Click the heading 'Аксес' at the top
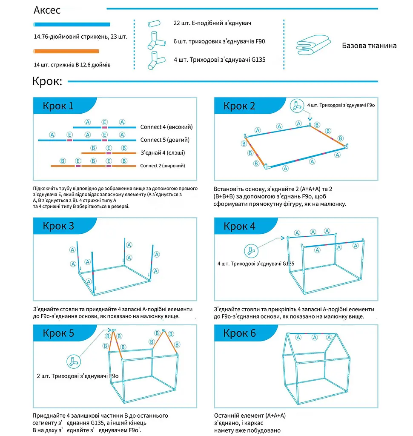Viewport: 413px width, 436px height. [x=47, y=10]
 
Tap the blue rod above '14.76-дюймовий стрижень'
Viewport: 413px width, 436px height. [x=72, y=24]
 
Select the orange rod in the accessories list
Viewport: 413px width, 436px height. [x=66, y=51]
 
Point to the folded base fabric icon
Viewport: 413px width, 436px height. [x=313, y=45]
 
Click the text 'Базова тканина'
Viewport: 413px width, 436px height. [x=369, y=46]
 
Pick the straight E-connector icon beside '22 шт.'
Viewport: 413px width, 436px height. [x=154, y=23]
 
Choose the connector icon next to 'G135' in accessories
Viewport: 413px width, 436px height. [x=156, y=60]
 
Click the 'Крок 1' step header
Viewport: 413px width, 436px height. [x=58, y=106]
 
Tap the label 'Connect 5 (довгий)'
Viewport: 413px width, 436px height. [x=165, y=140]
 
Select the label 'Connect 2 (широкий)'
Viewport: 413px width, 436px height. [x=162, y=166]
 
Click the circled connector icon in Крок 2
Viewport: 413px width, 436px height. [x=297, y=106]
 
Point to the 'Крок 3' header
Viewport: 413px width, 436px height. [x=58, y=226]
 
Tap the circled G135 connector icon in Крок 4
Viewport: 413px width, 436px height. [x=251, y=251]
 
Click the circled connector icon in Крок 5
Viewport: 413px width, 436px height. [x=74, y=362]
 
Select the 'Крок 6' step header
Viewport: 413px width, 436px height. [x=239, y=333]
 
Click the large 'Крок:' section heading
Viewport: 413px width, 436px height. [x=47, y=81]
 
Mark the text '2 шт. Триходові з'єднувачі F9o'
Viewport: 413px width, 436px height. [x=77, y=376]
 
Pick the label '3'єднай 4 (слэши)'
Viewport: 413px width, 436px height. [x=163, y=153]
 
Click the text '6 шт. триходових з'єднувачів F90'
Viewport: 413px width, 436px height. [x=219, y=41]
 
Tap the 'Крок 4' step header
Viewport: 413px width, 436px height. [x=239, y=226]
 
